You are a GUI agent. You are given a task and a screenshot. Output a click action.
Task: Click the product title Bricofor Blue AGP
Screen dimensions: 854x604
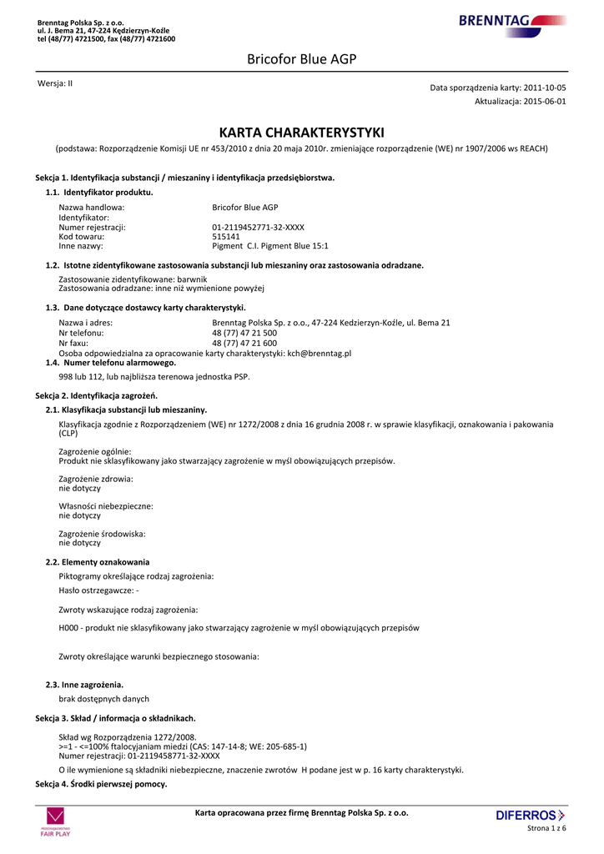coord(301,58)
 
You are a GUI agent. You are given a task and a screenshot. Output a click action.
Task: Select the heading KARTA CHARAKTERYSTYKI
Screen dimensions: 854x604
coord(301,133)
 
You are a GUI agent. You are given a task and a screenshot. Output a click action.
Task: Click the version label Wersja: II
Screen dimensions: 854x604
coord(55,83)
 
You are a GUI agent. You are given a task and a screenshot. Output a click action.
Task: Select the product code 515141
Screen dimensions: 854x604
coord(226,237)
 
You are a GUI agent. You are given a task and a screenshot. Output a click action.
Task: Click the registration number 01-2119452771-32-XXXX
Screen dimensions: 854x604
coord(258,227)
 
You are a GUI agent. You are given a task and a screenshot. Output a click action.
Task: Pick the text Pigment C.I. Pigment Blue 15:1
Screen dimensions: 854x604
coord(270,246)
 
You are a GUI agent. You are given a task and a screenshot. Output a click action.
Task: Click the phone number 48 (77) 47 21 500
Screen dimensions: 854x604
coord(244,333)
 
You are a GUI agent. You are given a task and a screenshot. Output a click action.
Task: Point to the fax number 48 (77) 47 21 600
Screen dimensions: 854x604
coord(244,343)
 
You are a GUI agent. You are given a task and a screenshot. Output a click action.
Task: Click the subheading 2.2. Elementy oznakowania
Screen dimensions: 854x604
coord(98,562)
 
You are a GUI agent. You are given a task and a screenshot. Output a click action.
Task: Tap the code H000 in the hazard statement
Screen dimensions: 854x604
coord(68,627)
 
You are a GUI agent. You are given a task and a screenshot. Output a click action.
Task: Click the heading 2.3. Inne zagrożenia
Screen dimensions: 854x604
coord(85,685)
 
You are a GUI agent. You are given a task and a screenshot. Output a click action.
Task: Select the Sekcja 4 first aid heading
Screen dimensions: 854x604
coord(101,784)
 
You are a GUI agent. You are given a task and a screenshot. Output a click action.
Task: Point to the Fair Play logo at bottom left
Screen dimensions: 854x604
coord(55,822)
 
